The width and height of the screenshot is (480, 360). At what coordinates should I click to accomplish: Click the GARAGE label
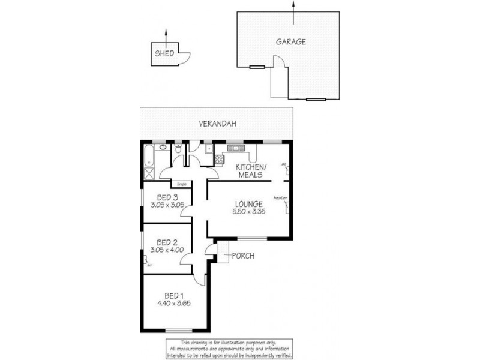[291, 42]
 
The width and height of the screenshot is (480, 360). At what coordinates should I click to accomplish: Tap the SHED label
[164, 53]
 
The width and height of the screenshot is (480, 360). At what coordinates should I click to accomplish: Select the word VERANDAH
[218, 124]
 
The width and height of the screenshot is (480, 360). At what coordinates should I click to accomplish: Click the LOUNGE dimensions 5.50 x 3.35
[249, 211]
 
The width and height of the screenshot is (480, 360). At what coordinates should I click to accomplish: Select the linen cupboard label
[182, 184]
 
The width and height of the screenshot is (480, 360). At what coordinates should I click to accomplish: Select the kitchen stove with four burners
[219, 160]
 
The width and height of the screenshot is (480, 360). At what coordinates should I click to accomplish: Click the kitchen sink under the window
[236, 148]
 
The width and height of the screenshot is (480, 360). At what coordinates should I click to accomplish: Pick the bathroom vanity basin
[163, 146]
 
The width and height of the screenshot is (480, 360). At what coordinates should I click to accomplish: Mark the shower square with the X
[148, 174]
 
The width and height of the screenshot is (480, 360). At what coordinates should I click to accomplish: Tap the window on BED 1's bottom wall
[177, 331]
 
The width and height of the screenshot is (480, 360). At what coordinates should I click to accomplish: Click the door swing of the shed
[185, 56]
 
